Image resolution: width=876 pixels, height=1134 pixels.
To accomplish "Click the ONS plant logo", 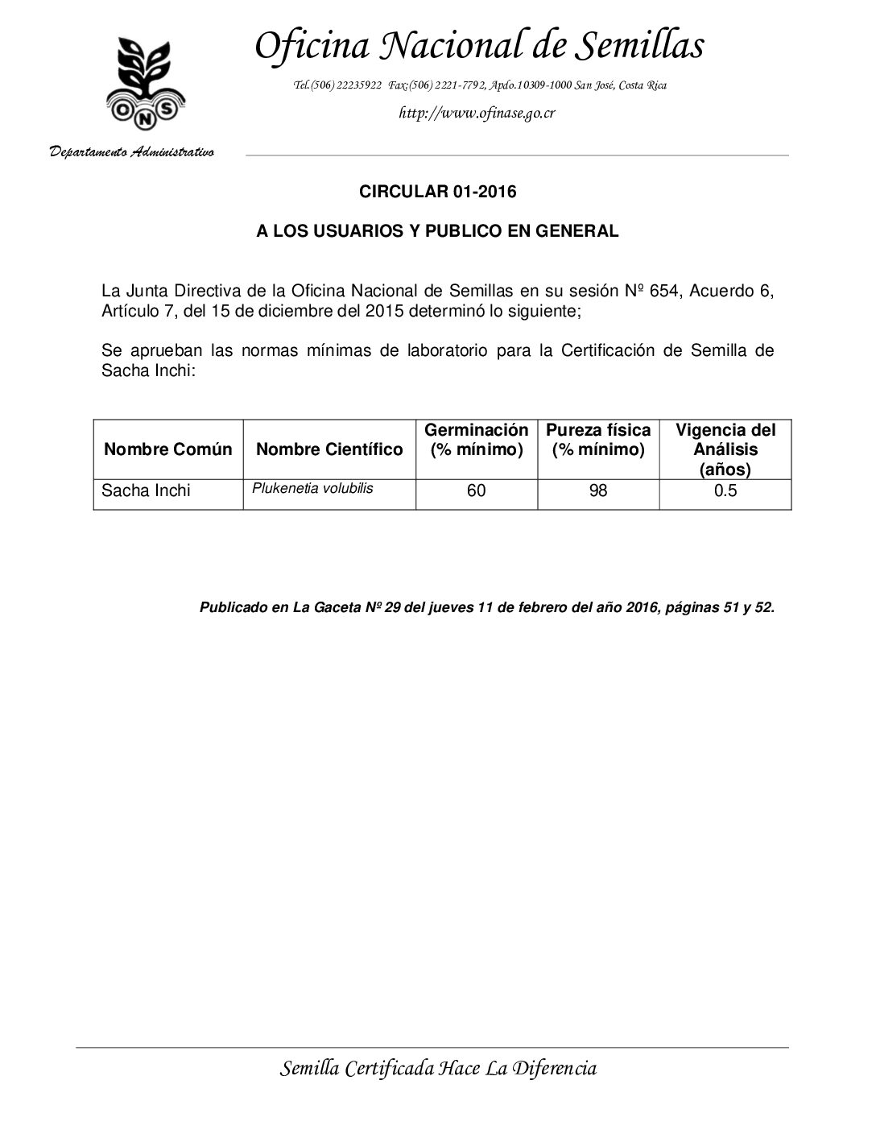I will click(145, 85).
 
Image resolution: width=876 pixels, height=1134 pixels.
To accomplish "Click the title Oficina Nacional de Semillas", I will click(479, 46).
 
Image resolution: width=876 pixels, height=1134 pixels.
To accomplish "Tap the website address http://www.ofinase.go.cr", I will click(477, 113).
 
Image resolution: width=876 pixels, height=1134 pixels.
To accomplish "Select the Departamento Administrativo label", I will click(132, 151).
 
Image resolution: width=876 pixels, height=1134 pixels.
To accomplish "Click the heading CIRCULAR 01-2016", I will click(437, 192).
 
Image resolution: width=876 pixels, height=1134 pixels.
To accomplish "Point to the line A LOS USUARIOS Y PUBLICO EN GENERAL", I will click(437, 231).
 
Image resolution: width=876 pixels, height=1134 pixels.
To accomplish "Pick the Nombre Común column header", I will click(167, 449).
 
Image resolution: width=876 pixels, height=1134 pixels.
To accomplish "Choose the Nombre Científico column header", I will click(329, 449).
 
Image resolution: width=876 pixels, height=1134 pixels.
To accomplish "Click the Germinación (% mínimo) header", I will click(477, 440).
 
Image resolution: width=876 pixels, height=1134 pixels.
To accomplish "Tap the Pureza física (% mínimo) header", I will click(598, 440).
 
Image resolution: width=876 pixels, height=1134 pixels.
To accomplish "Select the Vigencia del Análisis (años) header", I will click(725, 449).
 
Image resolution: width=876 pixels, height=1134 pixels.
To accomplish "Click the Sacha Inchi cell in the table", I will click(146, 490).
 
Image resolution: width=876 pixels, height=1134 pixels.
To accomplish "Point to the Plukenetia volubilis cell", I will click(312, 488).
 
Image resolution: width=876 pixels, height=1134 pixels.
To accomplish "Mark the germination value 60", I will click(477, 490).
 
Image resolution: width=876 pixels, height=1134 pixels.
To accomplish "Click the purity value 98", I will click(598, 490).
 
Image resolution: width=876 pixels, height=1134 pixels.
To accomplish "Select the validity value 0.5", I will click(725, 490).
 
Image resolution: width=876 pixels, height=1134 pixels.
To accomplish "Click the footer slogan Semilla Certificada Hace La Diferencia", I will click(438, 1069).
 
